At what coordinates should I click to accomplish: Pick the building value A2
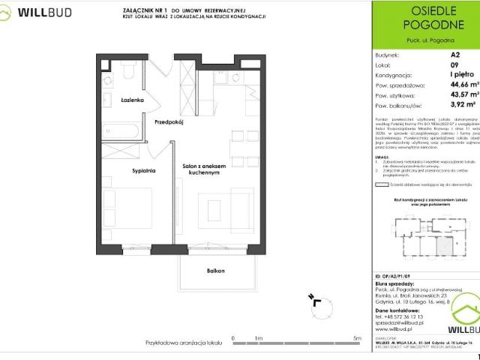coord(455,55)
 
